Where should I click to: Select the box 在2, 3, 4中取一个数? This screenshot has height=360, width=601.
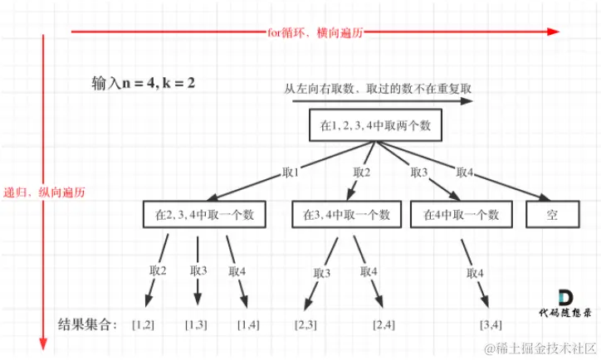[204, 214]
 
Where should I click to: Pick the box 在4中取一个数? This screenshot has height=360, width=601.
[461, 214]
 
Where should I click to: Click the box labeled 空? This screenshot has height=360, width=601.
[551, 214]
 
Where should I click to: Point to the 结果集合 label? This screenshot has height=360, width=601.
[90, 323]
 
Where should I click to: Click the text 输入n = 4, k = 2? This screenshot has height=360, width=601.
[144, 84]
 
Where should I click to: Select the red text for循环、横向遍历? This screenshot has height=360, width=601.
[315, 32]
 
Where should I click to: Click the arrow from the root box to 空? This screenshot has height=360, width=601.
[465, 170]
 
